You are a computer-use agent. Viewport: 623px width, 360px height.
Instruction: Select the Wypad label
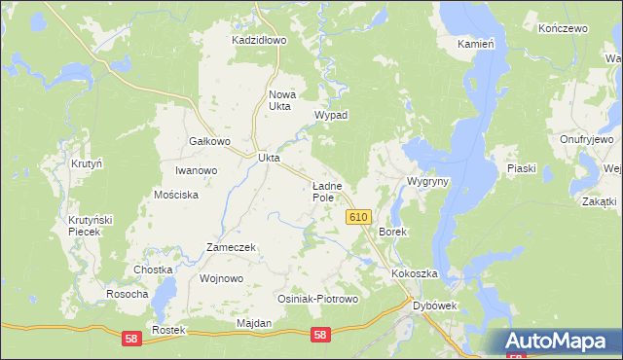coord(331,115)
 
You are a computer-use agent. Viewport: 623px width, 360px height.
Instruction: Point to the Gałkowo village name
coord(208,141)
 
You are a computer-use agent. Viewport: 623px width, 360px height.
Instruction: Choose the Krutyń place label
coord(87,164)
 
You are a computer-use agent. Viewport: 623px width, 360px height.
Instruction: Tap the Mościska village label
coord(176,195)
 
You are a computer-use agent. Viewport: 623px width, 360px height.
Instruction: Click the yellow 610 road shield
coord(357,217)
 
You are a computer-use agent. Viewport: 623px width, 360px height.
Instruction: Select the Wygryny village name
coord(427,182)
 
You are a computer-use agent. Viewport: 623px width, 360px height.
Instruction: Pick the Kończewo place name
coord(563,29)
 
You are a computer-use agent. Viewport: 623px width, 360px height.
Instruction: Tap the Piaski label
coord(522,168)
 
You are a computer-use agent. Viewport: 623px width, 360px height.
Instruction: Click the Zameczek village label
coord(231,247)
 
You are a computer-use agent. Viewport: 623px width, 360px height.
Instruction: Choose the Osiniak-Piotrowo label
coord(318,300)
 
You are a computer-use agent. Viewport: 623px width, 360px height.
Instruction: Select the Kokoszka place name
coord(416,274)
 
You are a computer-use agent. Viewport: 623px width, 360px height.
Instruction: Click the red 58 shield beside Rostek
coord(130,337)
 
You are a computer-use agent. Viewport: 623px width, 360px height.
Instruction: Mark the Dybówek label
coord(436,306)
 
